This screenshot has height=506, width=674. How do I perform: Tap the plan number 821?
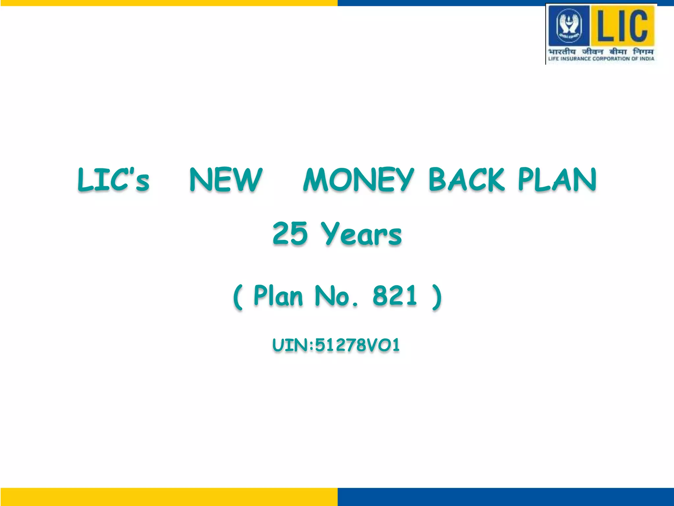coord(395,295)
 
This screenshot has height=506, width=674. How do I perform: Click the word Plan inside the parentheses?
coord(278,295)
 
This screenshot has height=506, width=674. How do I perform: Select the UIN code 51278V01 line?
coord(336,345)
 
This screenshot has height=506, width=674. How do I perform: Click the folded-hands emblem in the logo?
coord(569,26)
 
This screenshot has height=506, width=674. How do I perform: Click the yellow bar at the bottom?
coord(168,497)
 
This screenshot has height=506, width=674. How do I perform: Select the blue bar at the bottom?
coord(505,497)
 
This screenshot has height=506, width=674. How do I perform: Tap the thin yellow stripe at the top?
coord(168,3)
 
